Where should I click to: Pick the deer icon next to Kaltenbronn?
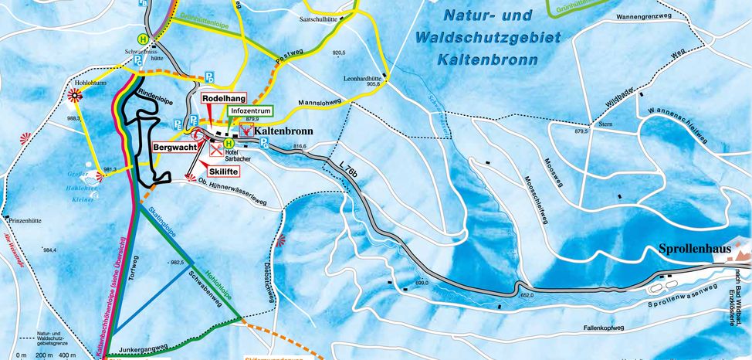246,131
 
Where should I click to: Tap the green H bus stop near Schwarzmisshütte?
142,39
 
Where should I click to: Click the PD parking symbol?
209,78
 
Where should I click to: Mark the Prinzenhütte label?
25,219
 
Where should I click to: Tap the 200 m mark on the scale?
44,355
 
